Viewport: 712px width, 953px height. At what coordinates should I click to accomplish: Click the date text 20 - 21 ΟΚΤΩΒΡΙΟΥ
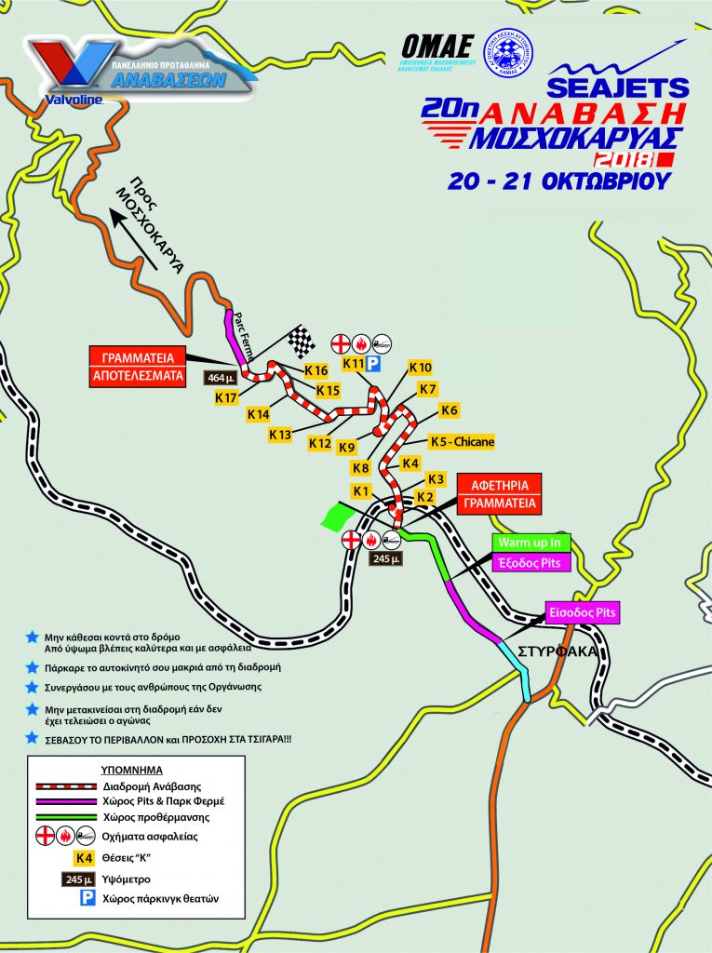point(558,181)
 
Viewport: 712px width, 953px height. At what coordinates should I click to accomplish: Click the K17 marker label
point(226,397)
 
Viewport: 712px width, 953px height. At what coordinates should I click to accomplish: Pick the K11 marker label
point(353,362)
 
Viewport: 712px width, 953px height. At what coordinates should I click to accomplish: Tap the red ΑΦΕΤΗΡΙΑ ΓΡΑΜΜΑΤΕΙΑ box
point(499,494)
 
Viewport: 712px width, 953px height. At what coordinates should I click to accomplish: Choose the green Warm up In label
point(531,543)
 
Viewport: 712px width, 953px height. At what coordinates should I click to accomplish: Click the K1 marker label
point(363,490)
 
